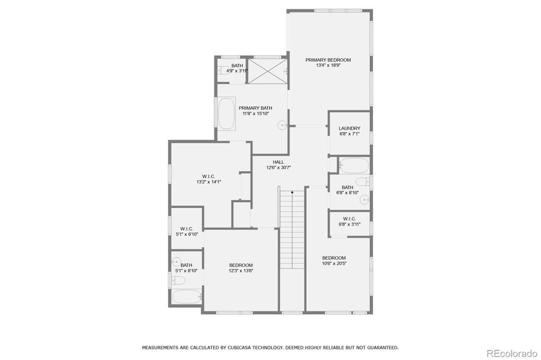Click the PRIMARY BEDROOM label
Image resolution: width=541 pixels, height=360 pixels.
[x=328, y=60]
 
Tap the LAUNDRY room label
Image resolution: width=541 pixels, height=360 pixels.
[x=349, y=128]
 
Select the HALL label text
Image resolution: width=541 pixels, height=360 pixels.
[x=278, y=162]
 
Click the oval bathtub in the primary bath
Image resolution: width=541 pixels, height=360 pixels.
[x=226, y=114]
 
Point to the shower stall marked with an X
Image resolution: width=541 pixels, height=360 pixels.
[x=268, y=71]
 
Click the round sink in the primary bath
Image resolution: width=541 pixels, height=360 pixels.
[x=282, y=125]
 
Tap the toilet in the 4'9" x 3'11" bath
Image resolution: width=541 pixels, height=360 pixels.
[x=220, y=70]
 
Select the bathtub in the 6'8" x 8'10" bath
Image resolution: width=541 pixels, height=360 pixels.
[x=354, y=165]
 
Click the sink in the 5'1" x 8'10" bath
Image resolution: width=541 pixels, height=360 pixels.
[x=176, y=261]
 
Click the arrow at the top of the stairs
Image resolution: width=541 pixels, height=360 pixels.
[x=292, y=193]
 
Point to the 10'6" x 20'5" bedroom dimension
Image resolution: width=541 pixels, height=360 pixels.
[x=333, y=263]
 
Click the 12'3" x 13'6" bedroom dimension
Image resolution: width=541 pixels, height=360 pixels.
[x=241, y=271]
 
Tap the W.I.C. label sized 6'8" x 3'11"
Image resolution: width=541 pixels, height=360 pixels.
[x=349, y=218]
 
